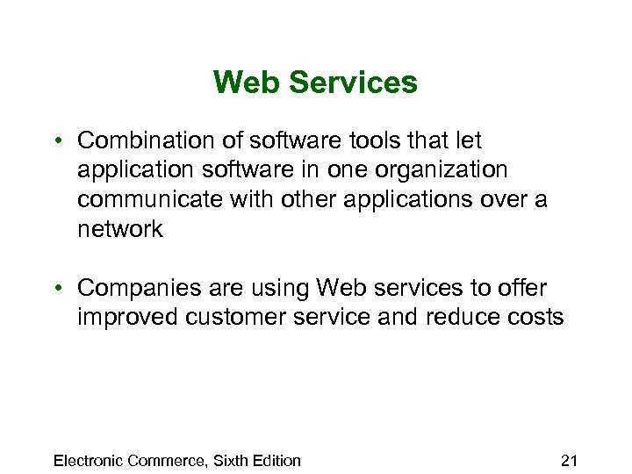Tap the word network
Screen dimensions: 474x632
point(120,229)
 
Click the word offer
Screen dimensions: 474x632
point(523,288)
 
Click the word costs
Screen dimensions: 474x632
point(536,317)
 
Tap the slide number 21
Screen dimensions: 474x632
point(569,460)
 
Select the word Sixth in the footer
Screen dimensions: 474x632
point(229,460)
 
